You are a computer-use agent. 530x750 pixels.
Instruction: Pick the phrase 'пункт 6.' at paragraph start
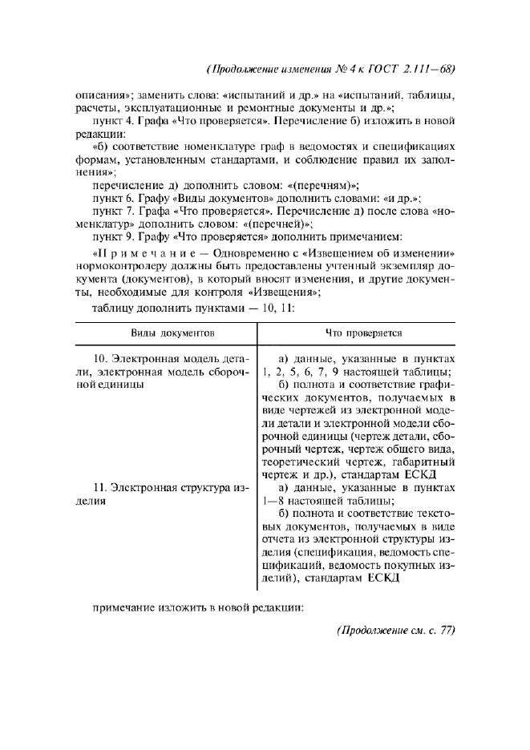(111, 196)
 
